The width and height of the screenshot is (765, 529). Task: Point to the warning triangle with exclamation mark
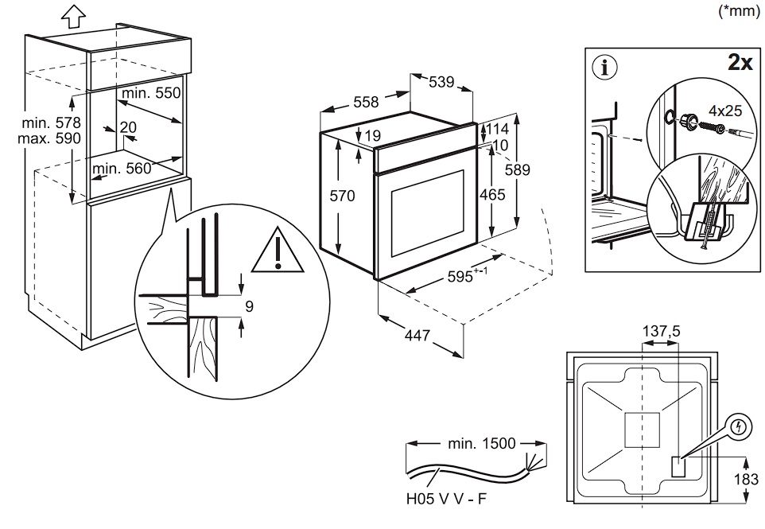278,250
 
